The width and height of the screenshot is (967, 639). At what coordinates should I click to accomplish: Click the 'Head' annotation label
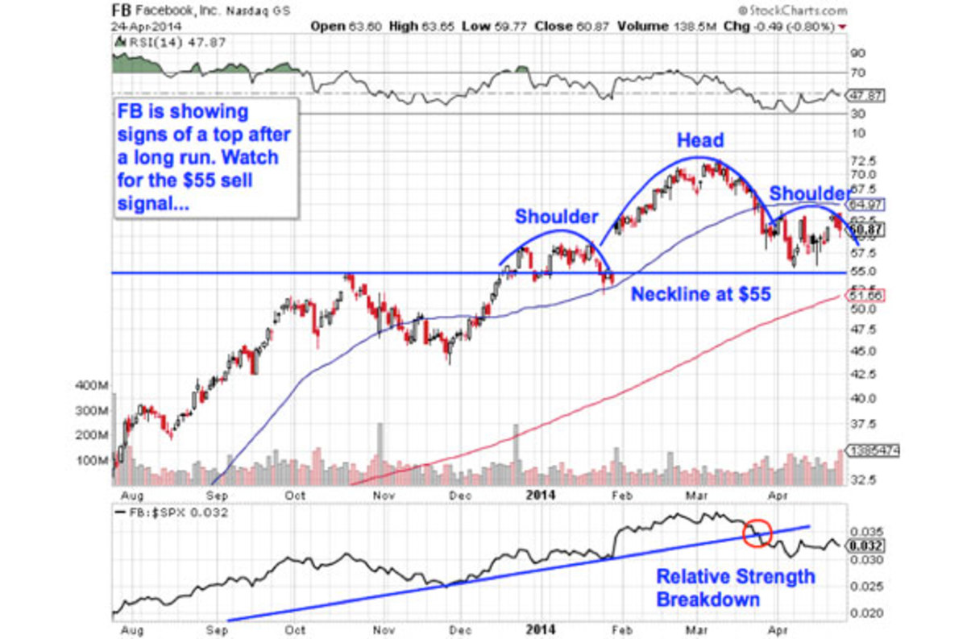699,140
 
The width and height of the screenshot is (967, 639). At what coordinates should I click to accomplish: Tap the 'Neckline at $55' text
700,294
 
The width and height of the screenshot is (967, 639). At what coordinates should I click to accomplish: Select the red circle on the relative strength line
756,532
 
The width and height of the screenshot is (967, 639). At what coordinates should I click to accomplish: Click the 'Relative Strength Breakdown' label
735,588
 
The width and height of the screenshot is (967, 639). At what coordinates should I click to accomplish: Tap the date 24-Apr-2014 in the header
145,26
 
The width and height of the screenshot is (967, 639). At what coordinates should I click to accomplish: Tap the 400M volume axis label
89,386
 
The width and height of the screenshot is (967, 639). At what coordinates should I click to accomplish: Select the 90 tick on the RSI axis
857,54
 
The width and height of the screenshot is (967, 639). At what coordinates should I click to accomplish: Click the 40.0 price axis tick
861,398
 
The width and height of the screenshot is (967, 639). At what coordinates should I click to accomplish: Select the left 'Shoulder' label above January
557,217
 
